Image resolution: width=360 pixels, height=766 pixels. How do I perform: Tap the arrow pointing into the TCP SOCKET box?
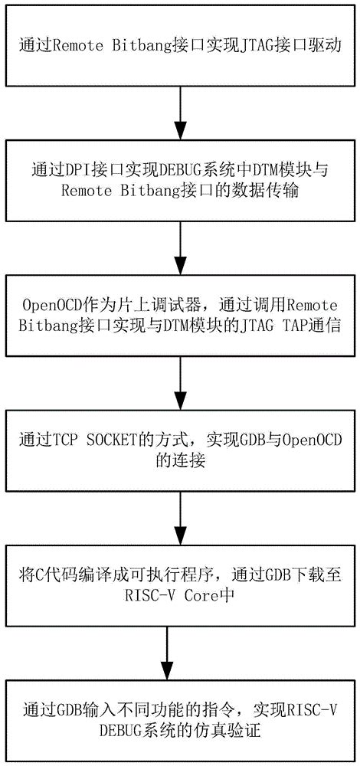(x=179, y=384)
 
